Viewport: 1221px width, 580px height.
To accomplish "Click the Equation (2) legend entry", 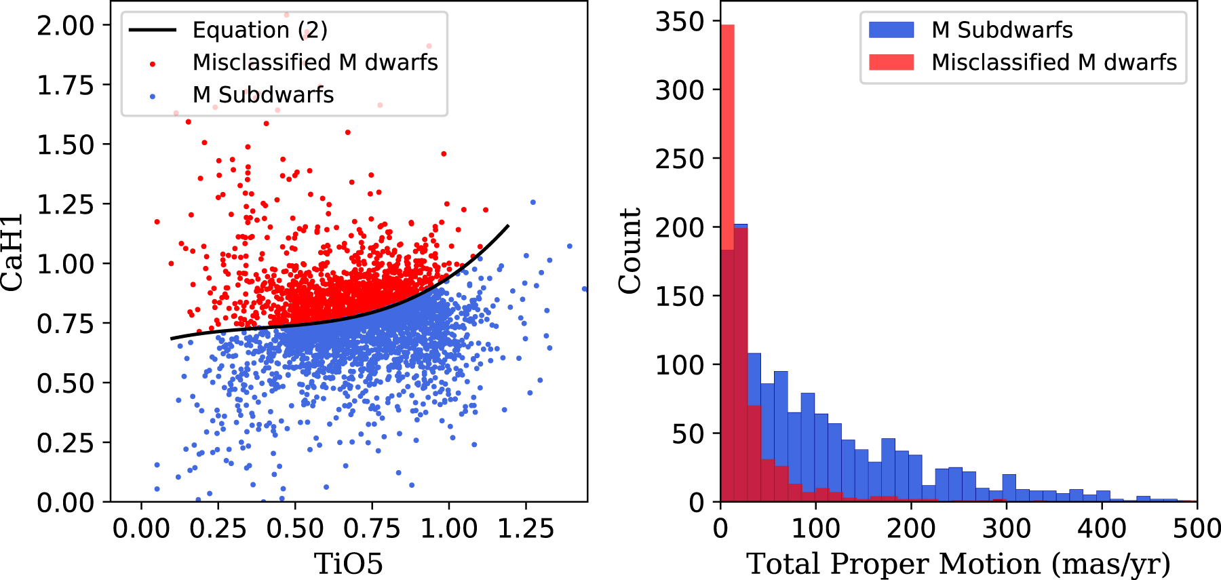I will tap(260, 30).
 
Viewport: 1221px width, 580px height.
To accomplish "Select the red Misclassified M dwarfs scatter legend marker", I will tap(153, 63).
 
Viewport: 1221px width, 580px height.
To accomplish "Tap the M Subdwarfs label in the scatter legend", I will tap(263, 94).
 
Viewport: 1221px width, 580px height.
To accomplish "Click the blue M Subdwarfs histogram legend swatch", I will tap(891, 30).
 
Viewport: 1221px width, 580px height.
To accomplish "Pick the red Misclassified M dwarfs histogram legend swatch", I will tap(891, 62).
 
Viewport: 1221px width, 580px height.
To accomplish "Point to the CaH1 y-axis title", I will tap(12, 252).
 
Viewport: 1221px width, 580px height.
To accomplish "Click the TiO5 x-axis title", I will tap(348, 564).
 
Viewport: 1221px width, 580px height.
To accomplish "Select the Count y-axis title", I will tap(630, 251).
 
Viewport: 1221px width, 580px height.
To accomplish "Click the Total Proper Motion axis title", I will tap(958, 564).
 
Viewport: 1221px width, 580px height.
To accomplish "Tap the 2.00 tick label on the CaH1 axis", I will tap(65, 26).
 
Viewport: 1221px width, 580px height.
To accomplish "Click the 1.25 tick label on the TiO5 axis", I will tap(526, 528).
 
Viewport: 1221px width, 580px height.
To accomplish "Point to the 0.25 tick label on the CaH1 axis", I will tap(65, 443).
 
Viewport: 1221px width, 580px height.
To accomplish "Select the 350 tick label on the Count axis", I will tap(680, 22).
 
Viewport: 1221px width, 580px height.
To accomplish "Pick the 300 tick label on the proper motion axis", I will tap(1007, 528).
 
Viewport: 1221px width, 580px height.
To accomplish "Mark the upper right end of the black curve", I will tap(508, 225).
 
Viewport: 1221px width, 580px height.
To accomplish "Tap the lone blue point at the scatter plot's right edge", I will tap(584, 289).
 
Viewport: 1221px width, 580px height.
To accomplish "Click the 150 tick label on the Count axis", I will tap(680, 296).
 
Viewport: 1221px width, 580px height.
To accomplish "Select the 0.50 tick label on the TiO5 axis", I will tap(295, 528).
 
